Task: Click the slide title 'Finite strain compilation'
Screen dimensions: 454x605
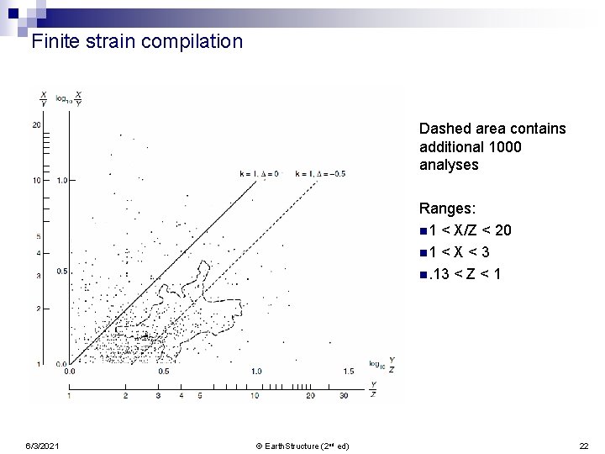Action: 137,41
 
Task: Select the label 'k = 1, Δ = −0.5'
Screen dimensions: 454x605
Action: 320,173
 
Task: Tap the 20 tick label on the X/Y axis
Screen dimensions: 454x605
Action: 37,125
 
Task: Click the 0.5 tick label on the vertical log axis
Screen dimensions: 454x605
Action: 62,272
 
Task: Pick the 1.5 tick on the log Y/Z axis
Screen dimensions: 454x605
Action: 348,371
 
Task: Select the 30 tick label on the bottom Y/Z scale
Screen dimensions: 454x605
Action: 345,395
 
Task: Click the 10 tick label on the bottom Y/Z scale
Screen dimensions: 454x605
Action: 255,395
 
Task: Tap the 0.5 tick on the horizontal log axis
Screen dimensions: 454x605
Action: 164,371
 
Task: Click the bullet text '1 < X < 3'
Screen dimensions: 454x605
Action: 466,251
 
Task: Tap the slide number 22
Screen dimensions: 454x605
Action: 585,445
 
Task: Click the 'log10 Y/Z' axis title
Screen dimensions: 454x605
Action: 381,365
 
